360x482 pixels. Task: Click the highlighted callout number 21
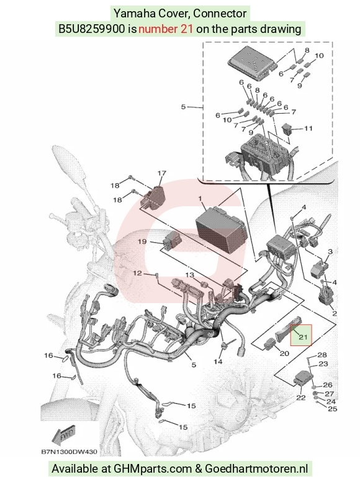click(x=303, y=337)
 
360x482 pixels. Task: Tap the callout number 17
click(x=162, y=173)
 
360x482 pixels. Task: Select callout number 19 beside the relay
click(x=142, y=242)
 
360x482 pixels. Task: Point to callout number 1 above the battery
click(x=200, y=199)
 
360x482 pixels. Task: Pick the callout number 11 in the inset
click(x=308, y=128)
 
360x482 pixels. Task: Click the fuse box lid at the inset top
click(x=252, y=63)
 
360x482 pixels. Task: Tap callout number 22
click(x=300, y=398)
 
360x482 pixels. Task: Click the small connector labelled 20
click(x=270, y=343)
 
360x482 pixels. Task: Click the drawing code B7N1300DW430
click(x=69, y=452)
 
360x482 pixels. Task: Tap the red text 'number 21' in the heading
click(x=166, y=29)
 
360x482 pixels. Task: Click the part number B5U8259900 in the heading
click(x=92, y=29)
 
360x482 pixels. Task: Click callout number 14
click(x=218, y=361)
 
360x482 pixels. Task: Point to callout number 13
click(x=190, y=275)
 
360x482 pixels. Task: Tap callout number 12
click(x=137, y=273)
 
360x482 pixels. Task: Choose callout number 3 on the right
click(x=330, y=252)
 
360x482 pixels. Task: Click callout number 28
click(x=322, y=355)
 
